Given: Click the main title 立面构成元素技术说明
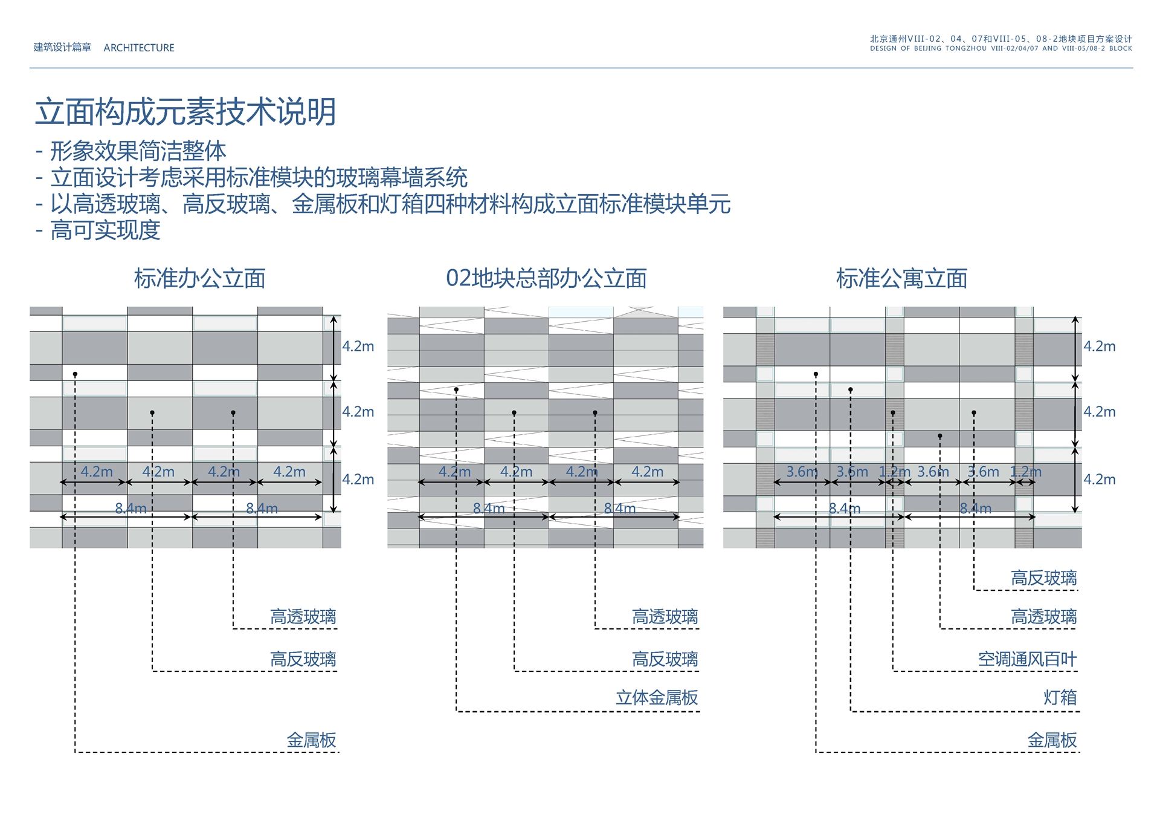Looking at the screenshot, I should coord(185,112).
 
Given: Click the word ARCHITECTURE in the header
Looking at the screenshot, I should coord(139,48).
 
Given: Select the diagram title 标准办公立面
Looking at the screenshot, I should coord(199,279).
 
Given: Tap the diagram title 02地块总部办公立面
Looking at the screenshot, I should coord(546,279).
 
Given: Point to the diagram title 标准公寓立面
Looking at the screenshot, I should coord(901,279).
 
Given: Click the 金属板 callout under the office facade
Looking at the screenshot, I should coord(311,740).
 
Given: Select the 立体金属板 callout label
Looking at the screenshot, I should coord(657,698).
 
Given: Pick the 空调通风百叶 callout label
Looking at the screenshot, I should coord(1027,659).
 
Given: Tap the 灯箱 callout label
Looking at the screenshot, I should coord(1060,698).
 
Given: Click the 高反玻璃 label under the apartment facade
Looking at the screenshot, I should coord(1043,578).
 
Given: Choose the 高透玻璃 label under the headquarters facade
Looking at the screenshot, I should coord(665,617).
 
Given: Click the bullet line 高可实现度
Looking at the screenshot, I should coord(105,230).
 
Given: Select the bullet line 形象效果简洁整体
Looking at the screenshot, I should coord(138,151).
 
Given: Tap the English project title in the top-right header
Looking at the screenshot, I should coord(1000,48).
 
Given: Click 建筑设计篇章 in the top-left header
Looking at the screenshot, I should coord(62,47).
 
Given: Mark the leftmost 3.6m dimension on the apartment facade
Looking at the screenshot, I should coord(801,472).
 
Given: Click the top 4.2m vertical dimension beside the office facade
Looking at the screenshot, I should coord(358,347).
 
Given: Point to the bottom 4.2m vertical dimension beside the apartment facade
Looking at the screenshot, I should coord(1099,480).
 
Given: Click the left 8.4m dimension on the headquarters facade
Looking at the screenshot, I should coord(488,509).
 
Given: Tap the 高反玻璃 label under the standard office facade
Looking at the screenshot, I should coord(303,659).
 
